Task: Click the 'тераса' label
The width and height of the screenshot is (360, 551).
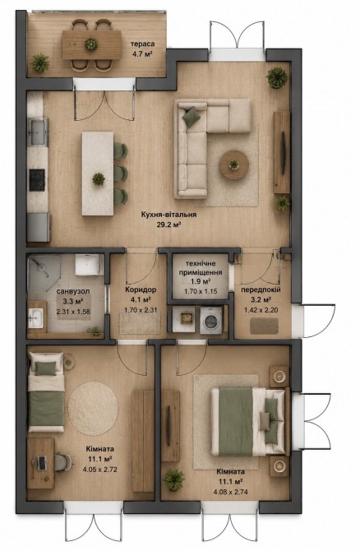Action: (142, 44)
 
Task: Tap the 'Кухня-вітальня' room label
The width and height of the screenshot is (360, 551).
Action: (168, 215)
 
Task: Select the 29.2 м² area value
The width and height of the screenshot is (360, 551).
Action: (168, 225)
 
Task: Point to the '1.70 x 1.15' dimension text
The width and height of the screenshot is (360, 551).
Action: (201, 291)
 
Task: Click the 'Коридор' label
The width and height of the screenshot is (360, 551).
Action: (141, 290)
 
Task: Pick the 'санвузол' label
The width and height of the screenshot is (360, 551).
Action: (73, 291)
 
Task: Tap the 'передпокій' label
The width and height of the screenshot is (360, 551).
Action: (261, 290)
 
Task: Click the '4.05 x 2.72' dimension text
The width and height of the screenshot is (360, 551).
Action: (99, 469)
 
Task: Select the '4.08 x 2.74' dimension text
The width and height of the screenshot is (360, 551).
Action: (230, 492)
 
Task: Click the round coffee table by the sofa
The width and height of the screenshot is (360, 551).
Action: (234, 164)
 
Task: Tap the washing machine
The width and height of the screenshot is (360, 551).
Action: (211, 320)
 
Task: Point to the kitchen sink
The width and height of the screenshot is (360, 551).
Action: (38, 132)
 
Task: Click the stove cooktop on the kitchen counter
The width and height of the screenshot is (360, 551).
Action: (37, 179)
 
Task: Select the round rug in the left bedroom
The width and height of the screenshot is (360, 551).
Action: (93, 409)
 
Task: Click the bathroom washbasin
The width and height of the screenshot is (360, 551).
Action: (35, 318)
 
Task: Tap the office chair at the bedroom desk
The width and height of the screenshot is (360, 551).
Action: (62, 462)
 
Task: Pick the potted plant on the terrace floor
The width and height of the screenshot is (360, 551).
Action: (40, 63)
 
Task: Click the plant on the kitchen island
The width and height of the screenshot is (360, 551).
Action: (99, 178)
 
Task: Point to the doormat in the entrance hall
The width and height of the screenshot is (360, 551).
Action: (264, 326)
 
